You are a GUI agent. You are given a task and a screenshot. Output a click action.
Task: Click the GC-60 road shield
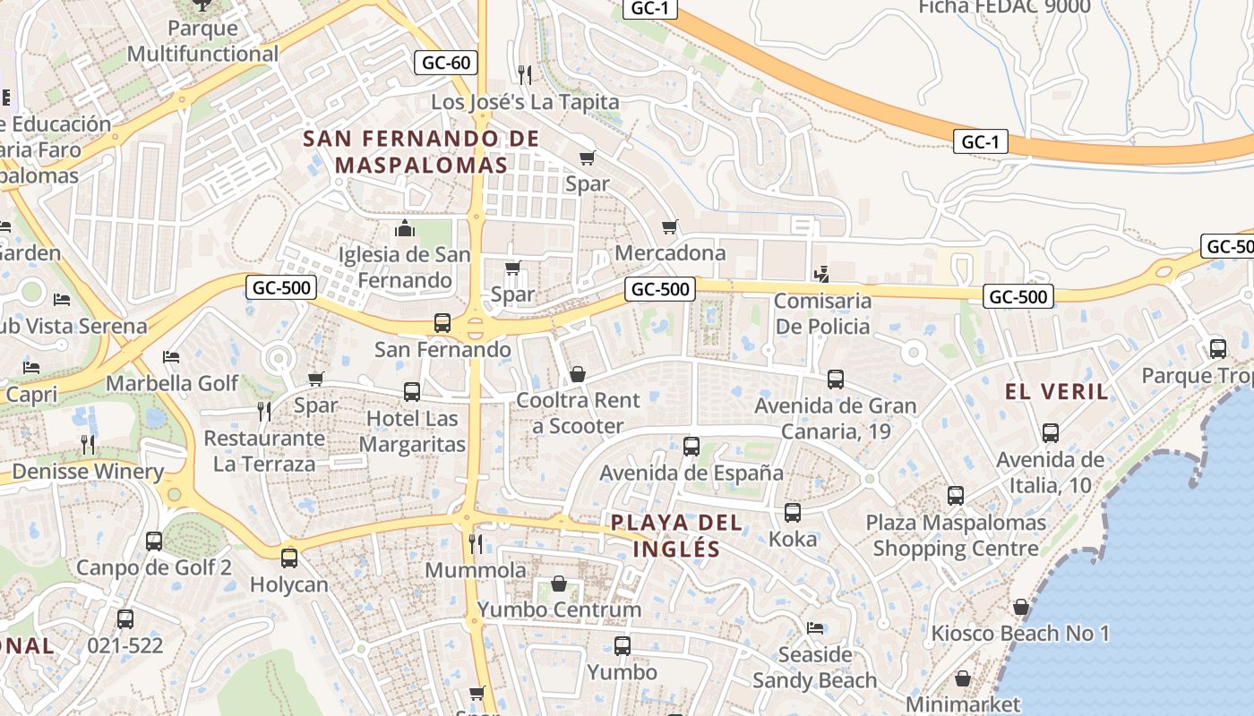click(446, 63)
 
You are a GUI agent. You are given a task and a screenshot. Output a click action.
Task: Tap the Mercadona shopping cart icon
click(669, 227)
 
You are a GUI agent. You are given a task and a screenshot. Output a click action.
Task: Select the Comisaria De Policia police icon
click(821, 274)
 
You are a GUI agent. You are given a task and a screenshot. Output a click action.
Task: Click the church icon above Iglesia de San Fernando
click(405, 228)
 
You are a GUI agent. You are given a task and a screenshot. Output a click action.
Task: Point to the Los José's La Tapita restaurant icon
click(525, 74)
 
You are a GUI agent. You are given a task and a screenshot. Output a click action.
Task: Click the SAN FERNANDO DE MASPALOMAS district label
click(421, 152)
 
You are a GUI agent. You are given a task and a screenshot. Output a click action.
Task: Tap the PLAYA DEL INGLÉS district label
click(677, 535)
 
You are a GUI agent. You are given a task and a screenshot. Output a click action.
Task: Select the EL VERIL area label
click(1057, 391)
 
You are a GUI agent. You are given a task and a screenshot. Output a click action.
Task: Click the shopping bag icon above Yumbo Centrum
click(559, 584)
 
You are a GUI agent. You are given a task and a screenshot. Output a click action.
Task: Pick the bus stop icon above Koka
click(793, 513)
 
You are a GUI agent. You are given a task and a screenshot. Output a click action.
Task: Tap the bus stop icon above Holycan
click(289, 558)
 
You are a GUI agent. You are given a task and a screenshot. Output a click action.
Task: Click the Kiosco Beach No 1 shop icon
click(1020, 608)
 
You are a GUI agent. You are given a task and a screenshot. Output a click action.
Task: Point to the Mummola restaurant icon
click(476, 543)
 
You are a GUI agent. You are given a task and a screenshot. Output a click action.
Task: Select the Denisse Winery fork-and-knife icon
click(88, 444)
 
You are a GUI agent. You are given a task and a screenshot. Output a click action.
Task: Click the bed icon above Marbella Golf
click(171, 357)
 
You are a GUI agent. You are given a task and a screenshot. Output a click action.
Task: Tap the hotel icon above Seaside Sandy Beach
click(815, 627)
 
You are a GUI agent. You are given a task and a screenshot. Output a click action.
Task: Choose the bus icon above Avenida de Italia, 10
click(1051, 433)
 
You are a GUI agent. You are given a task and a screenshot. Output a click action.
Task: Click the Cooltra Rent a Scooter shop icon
click(578, 373)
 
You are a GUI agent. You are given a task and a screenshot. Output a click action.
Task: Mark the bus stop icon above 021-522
click(125, 618)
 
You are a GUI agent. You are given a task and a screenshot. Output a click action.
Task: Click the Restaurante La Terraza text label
click(264, 451)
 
